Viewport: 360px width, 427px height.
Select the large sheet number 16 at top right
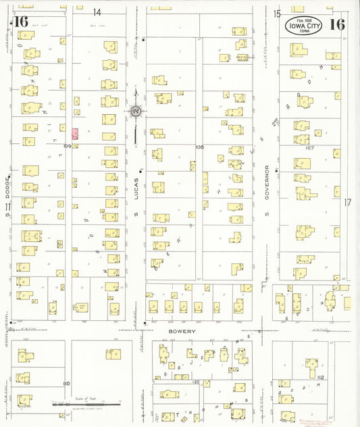pos(337,25)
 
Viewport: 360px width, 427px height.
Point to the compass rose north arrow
pos(136,111)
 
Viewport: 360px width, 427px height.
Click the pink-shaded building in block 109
pos(75,134)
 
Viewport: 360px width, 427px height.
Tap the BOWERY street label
pos(182,332)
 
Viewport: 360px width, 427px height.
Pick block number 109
pos(68,146)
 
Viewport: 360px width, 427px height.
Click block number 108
pos(199,147)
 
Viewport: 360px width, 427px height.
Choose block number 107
pos(310,147)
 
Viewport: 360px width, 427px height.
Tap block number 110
pos(66,383)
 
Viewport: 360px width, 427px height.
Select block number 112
pos(320,377)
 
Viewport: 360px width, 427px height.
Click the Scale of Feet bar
pos(86,404)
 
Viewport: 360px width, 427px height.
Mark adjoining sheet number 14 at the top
pos(97,12)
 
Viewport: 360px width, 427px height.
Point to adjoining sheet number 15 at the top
pos(277,14)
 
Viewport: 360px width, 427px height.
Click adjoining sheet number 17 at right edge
pos(348,202)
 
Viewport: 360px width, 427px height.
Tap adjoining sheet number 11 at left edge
pos(7,207)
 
